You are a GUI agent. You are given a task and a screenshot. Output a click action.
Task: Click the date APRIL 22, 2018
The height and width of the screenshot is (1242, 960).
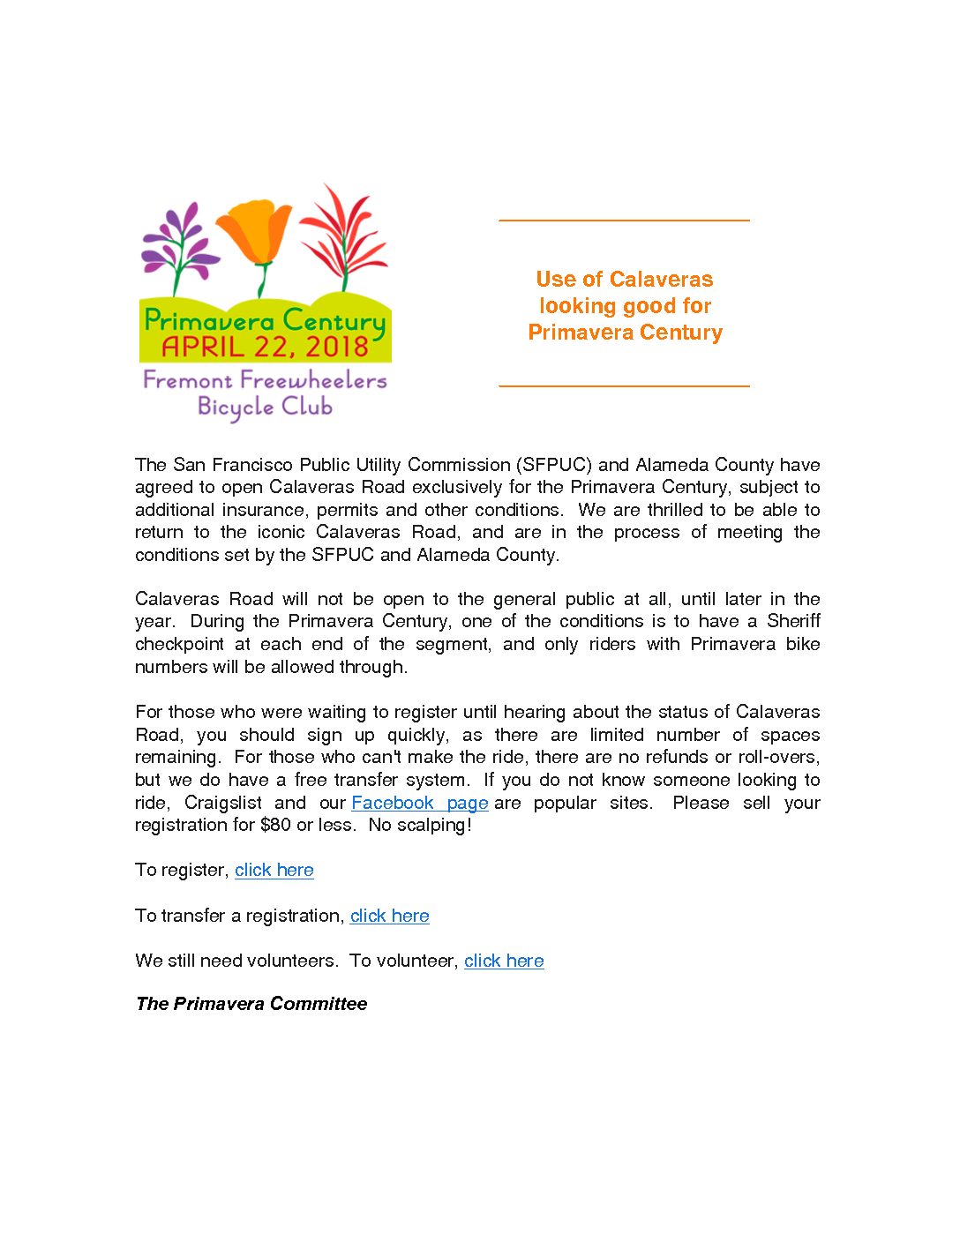pos(265,347)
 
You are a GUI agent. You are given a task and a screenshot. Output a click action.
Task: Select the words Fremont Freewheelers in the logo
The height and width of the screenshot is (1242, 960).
pos(265,380)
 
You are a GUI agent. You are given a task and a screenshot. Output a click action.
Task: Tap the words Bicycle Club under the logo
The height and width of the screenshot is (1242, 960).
pos(265,407)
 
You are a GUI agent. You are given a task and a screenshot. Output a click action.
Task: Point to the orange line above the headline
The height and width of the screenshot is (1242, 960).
pos(624,220)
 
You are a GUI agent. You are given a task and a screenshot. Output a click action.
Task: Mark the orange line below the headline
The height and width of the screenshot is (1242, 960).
pos(624,385)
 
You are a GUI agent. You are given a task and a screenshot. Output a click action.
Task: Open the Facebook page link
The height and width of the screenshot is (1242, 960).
pos(419,803)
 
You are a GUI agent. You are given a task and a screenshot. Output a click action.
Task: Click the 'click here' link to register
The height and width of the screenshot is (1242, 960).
pos(274,870)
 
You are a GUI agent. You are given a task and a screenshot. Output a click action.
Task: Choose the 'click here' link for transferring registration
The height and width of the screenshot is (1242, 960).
pos(390,916)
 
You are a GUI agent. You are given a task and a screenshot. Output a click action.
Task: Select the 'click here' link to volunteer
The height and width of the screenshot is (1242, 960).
pos(504,961)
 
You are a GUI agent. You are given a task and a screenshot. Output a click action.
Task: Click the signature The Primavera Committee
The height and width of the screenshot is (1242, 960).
pos(251,1004)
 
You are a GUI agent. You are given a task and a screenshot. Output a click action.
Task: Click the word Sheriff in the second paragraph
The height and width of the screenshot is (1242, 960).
pos(793,621)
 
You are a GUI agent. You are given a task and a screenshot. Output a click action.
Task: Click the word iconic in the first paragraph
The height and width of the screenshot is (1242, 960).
pos(281,532)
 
